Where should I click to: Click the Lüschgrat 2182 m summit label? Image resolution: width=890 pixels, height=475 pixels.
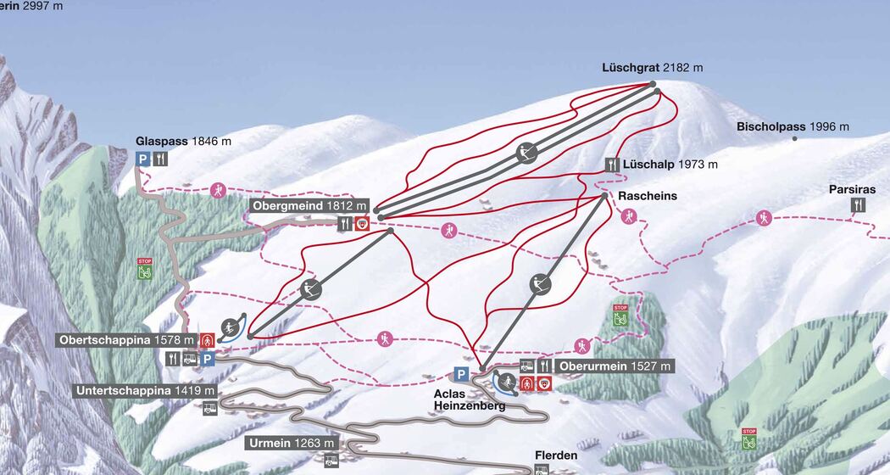[653, 67]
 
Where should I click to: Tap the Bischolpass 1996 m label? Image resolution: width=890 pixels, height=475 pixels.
[793, 126]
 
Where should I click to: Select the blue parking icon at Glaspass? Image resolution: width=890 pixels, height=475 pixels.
[142, 159]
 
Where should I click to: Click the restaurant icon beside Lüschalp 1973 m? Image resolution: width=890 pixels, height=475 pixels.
[612, 165]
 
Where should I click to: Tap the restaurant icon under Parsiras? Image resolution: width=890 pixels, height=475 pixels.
[859, 205]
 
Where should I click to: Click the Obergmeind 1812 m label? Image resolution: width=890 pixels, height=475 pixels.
[310, 206]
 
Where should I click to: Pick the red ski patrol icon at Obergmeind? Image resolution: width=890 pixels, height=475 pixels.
[362, 224]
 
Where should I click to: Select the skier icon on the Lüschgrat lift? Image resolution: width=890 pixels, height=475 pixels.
[527, 154]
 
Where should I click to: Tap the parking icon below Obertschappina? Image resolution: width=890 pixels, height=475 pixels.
[208, 359]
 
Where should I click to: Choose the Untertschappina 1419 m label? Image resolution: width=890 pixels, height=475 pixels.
[145, 391]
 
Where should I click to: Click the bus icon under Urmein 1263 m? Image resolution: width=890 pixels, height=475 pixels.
[331, 461]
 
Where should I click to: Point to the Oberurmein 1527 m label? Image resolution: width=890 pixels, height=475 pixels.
[615, 366]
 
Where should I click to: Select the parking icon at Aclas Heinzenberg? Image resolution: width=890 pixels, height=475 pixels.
[460, 374]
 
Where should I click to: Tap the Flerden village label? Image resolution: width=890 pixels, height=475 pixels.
[556, 455]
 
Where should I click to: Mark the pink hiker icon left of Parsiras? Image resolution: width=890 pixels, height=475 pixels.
[765, 218]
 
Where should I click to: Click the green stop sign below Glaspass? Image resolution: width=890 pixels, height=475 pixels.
[145, 271]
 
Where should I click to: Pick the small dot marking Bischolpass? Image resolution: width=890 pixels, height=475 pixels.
[795, 137]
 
